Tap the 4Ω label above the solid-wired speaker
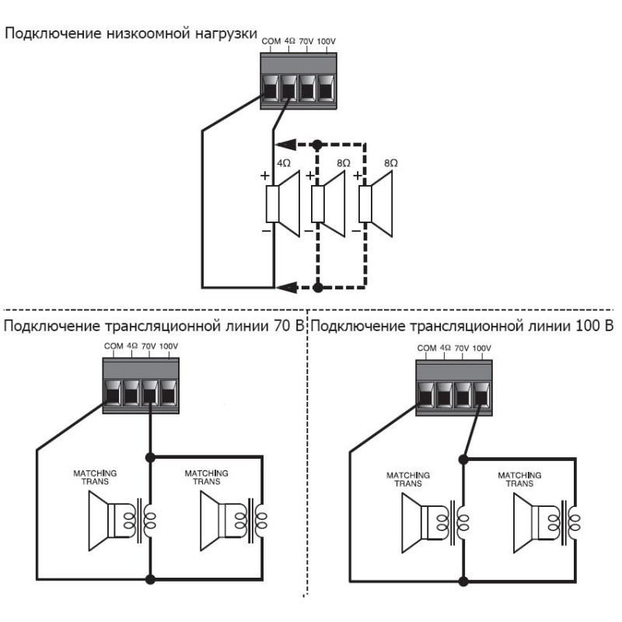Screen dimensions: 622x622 284,164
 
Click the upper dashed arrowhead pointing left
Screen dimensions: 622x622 285,145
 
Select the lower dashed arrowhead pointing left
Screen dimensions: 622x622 285,288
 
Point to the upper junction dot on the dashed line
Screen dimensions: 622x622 317,145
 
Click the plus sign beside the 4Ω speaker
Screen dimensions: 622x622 265,176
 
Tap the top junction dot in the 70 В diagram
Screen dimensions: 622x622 149,457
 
